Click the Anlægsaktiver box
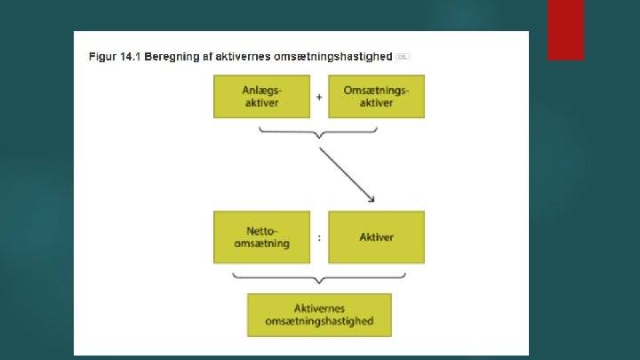click(x=261, y=96)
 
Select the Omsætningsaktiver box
click(x=376, y=96)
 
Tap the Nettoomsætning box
click(x=261, y=237)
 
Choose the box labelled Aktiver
click(x=376, y=237)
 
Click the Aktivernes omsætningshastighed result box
click(x=319, y=314)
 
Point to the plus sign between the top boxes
click(x=318, y=96)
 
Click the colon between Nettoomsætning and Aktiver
click(x=318, y=237)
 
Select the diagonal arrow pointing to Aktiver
click(x=347, y=174)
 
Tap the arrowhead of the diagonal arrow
click(x=372, y=200)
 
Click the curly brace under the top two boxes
click(x=318, y=133)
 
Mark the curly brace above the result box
click(x=318, y=279)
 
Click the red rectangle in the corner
click(x=565, y=29)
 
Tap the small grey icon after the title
click(x=403, y=56)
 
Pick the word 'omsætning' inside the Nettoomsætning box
click(x=261, y=244)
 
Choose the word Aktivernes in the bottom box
click(x=319, y=308)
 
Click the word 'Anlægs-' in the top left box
click(x=261, y=90)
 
